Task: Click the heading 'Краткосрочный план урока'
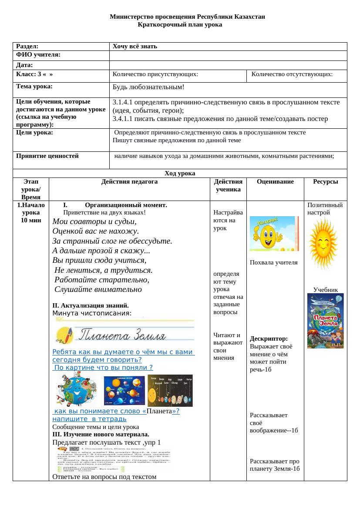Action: pos(180,24)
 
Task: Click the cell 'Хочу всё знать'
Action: pos(135,46)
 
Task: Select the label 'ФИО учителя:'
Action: pos(38,55)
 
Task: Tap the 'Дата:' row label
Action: pos(25,65)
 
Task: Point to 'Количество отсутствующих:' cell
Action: pos(292,74)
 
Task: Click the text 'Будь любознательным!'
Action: pos(148,87)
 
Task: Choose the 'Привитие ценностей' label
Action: pos(47,155)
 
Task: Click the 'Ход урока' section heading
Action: pos(180,173)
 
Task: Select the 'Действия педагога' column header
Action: pos(129,182)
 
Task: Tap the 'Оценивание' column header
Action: pos(275,182)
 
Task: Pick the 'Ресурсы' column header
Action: pos(325,182)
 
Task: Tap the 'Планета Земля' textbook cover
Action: pos(325,321)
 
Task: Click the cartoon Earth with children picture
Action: pos(75,390)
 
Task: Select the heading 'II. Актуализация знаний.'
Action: pos(90,305)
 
